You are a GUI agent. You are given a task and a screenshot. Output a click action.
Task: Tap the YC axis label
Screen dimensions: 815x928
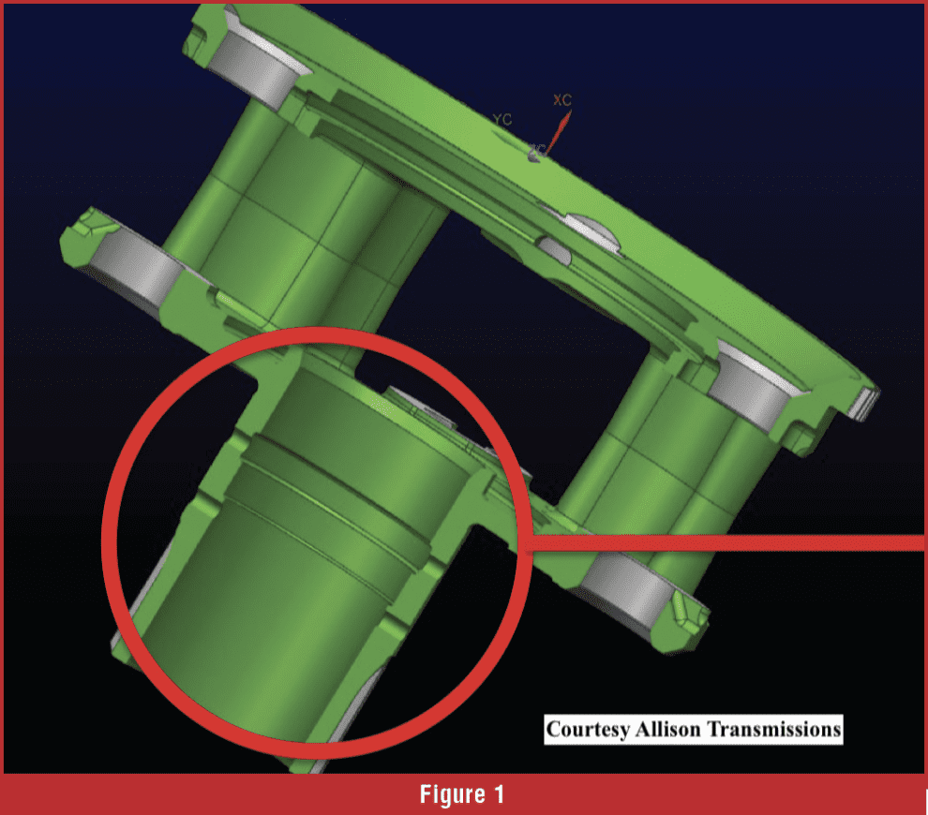[x=502, y=119]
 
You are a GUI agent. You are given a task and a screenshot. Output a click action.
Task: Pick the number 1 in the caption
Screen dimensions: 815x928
[x=499, y=794]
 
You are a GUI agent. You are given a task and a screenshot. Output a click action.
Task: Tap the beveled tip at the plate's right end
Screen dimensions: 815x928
[x=870, y=398]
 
